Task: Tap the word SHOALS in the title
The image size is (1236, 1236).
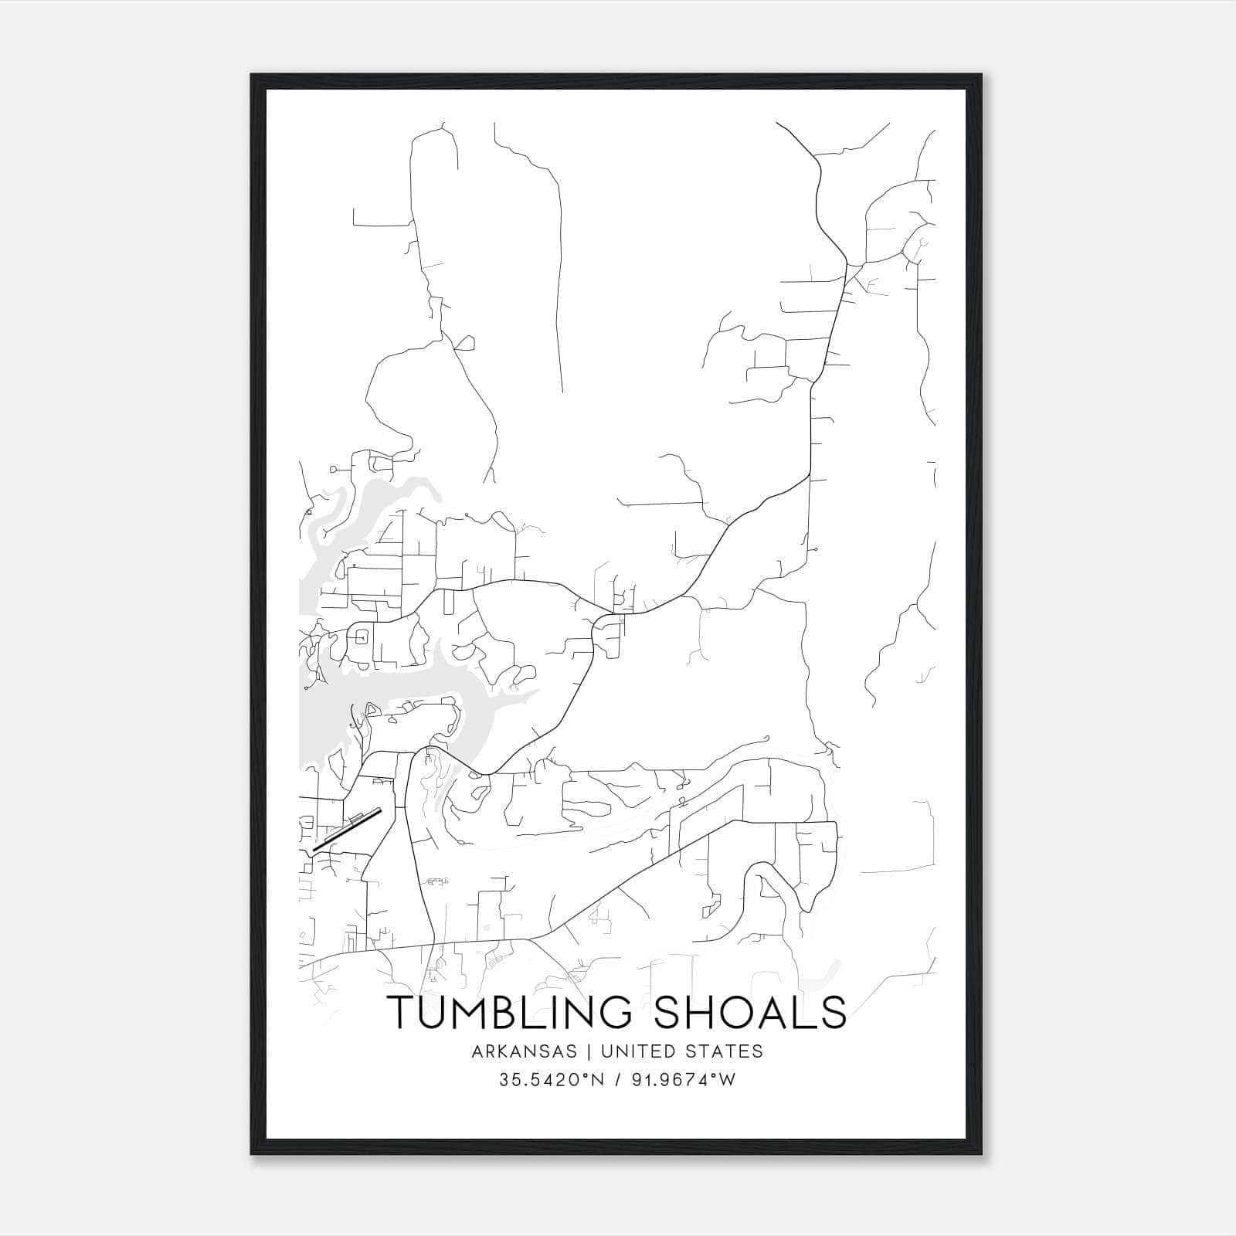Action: tap(750, 1012)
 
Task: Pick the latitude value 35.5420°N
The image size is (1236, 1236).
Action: tap(549, 1080)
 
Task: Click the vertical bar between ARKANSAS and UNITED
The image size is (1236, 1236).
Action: tap(589, 1051)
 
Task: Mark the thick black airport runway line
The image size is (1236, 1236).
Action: tap(347, 830)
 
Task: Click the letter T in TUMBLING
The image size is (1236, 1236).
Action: tap(402, 1012)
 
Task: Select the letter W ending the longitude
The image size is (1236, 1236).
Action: tap(727, 1080)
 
